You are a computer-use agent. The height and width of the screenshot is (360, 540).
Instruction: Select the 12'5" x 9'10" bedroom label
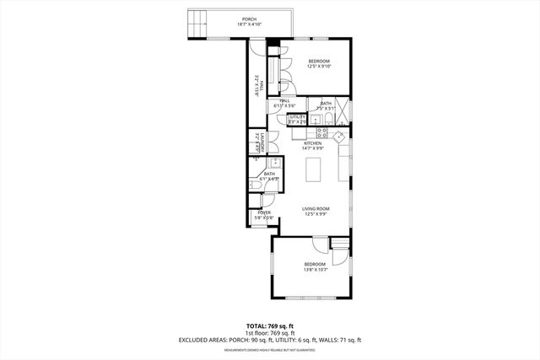[318, 64]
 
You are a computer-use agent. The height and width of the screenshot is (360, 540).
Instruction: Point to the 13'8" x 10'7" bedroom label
[316, 268]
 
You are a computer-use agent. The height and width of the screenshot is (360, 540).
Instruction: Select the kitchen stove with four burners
[321, 132]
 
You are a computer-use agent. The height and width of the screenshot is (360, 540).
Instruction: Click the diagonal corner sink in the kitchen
[338, 135]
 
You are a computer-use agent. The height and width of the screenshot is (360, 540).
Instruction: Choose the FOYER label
[264, 216]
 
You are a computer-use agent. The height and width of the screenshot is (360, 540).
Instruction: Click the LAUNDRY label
[262, 142]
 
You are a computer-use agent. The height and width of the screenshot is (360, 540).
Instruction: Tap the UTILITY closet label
[297, 119]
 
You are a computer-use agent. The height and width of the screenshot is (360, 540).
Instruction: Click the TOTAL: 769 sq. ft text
[269, 325]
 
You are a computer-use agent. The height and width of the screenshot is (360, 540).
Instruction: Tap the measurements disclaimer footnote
[269, 349]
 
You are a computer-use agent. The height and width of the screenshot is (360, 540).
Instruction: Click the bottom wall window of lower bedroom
[315, 299]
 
